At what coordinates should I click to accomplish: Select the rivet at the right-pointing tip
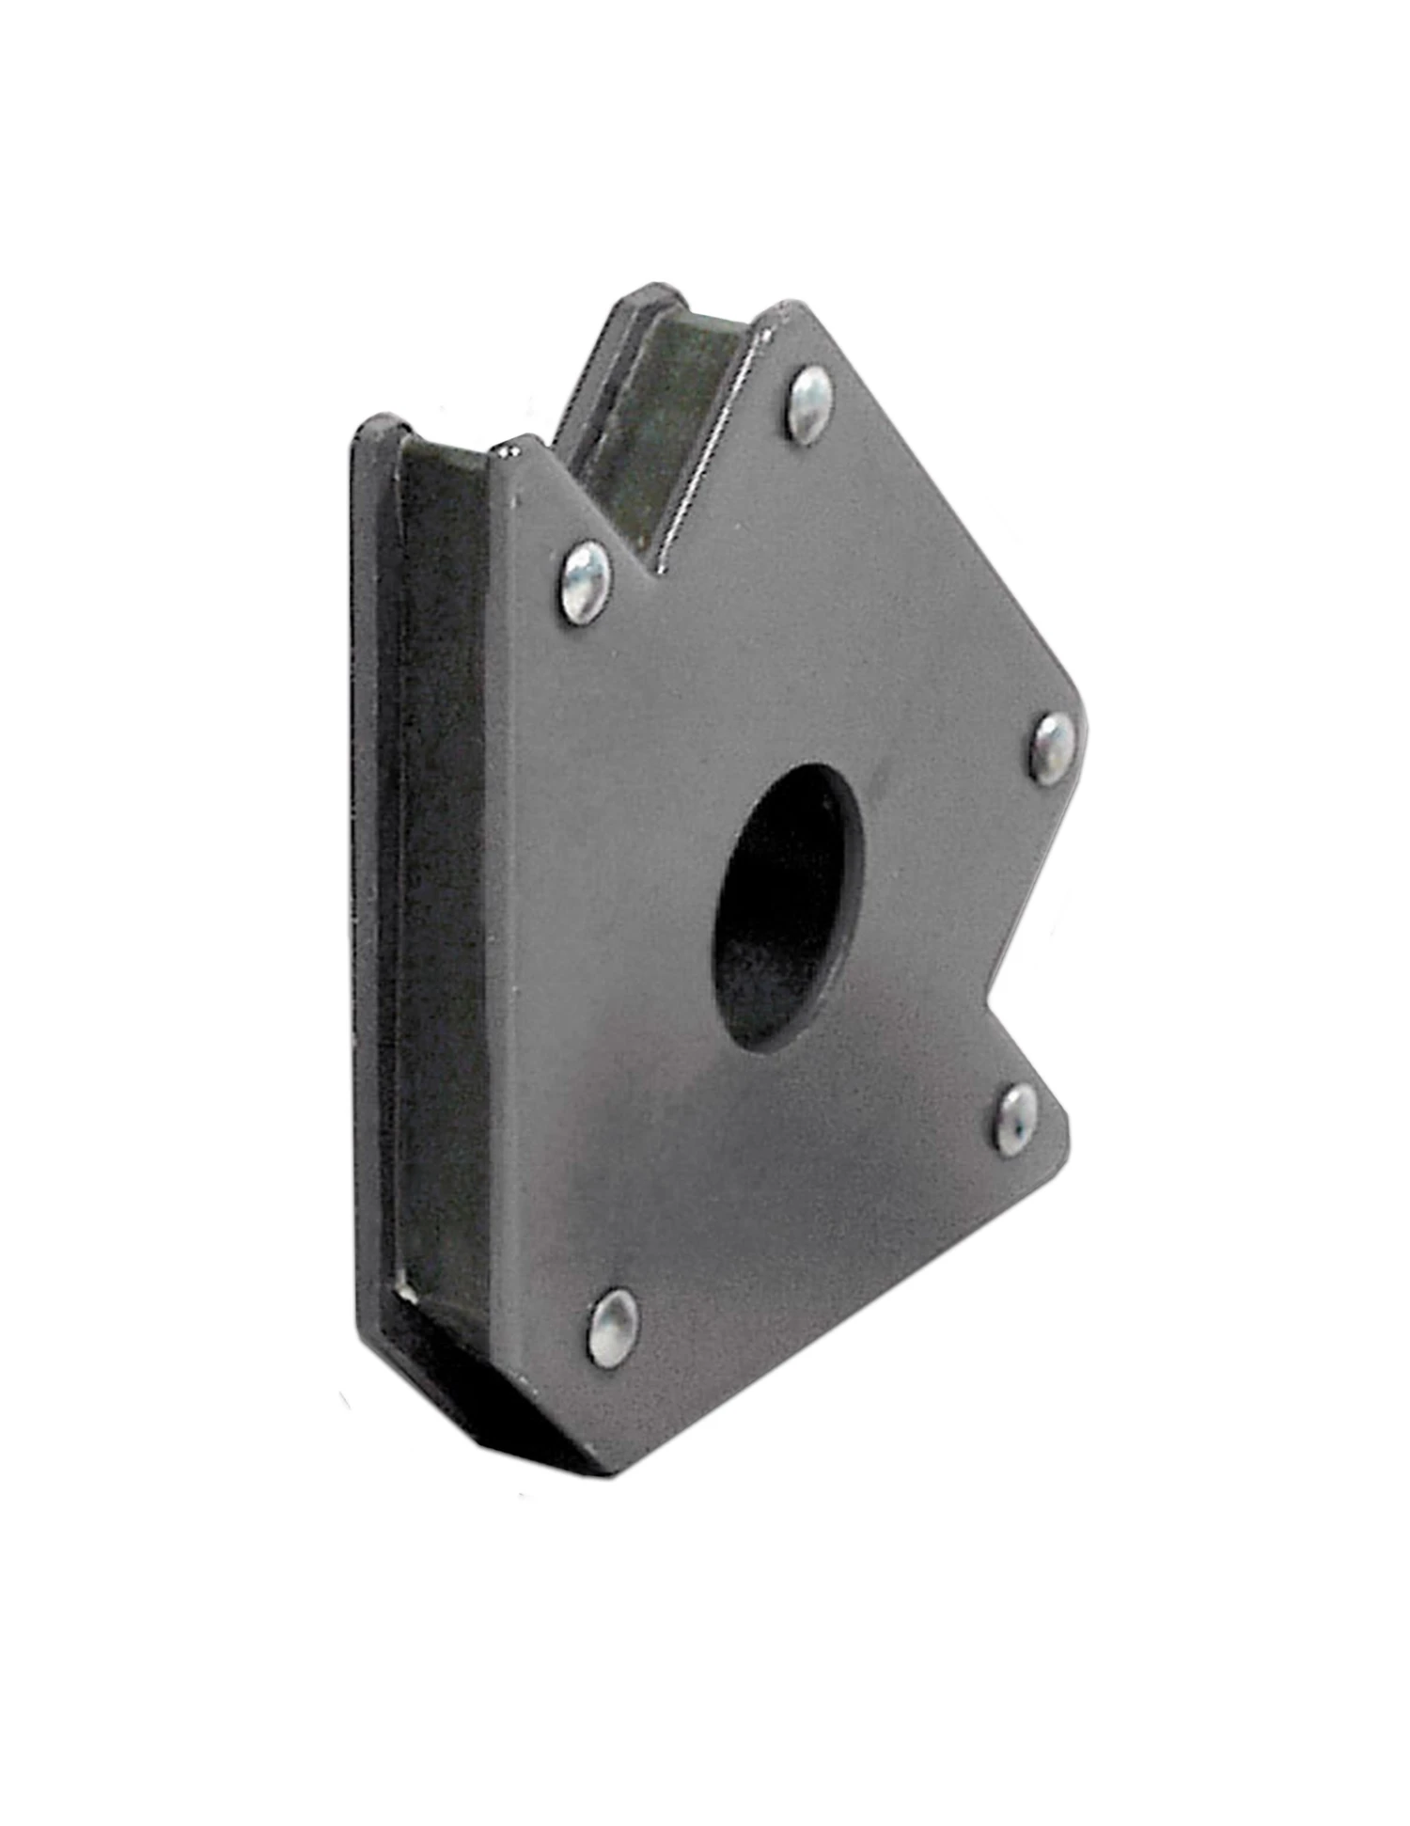coord(1052,746)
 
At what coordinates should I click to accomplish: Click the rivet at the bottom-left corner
coord(612,1326)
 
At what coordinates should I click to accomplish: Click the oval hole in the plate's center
coord(788,907)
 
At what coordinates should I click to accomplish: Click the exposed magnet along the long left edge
coord(442,846)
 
